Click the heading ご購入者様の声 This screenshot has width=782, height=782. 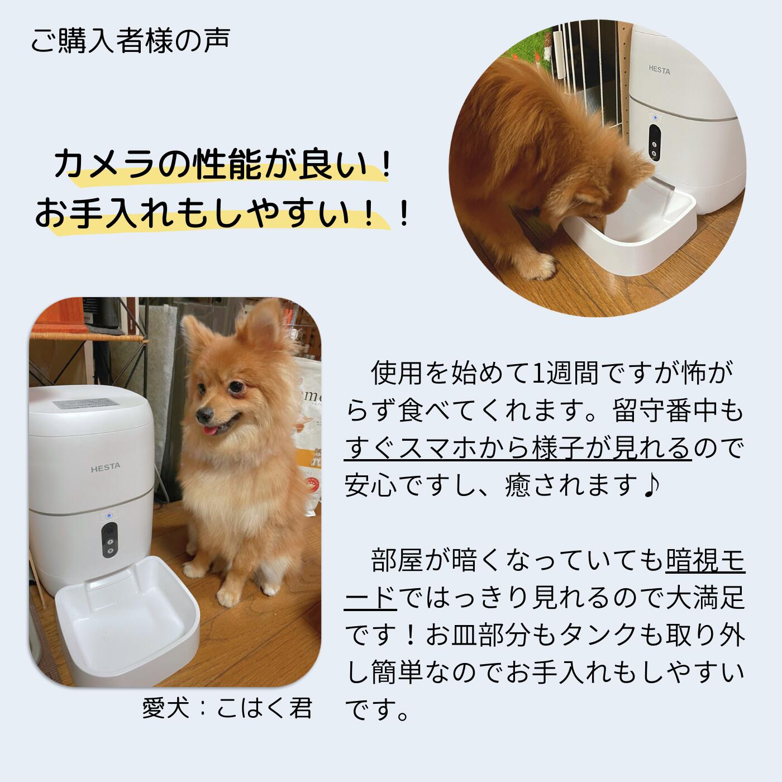(130, 41)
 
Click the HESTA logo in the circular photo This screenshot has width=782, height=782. (659, 70)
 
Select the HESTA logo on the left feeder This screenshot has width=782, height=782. (105, 468)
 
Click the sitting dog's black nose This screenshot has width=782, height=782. (203, 414)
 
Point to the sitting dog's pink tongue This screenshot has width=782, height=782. (210, 430)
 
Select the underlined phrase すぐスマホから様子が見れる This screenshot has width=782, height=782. (517, 449)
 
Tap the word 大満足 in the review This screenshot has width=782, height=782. (705, 597)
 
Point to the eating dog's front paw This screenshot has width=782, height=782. (537, 266)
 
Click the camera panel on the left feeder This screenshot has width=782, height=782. (109, 540)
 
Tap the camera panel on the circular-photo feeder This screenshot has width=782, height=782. (654, 142)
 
